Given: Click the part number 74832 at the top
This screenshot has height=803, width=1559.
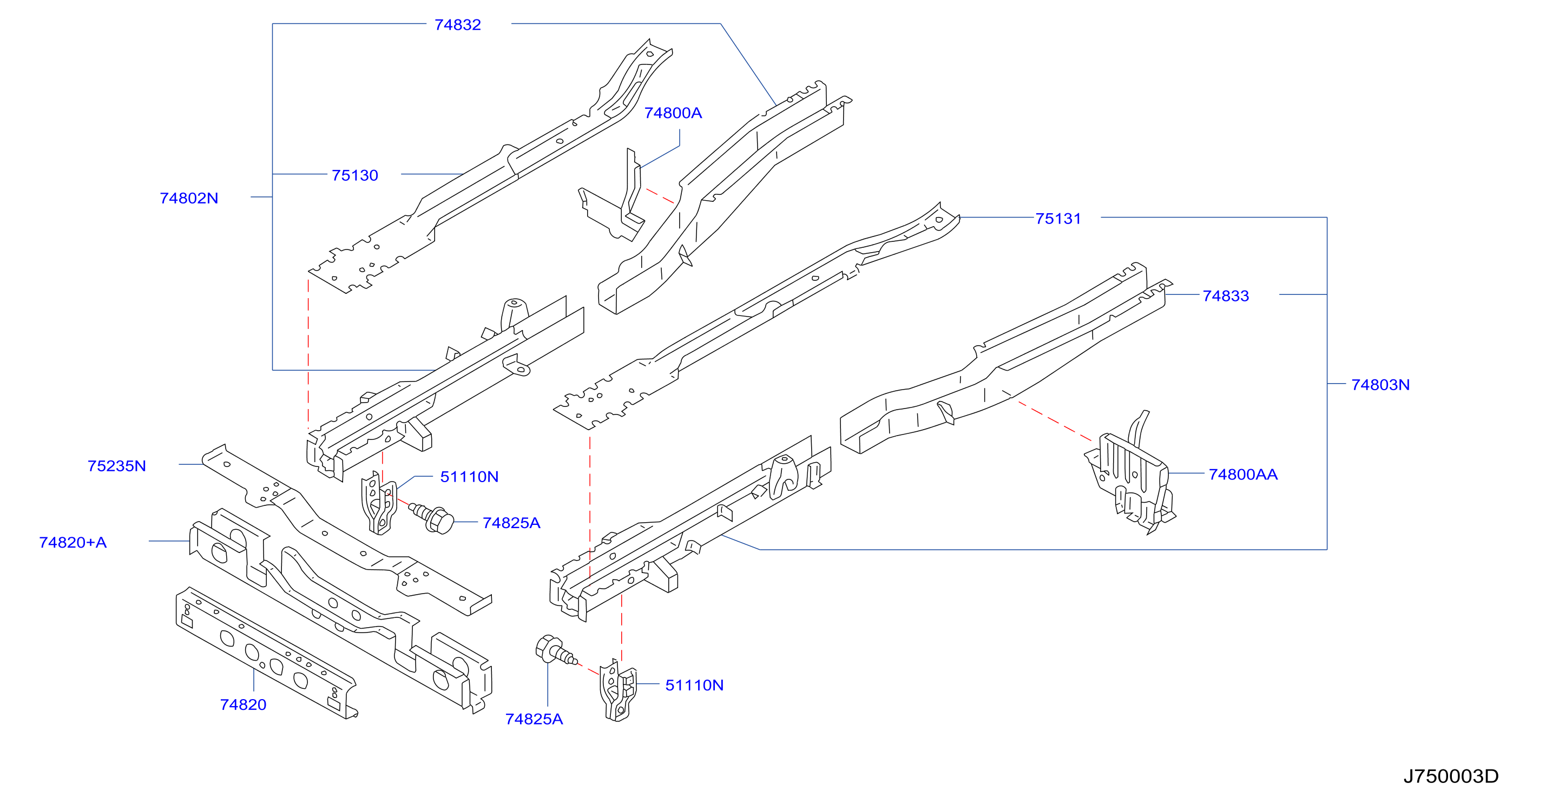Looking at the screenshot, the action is tap(458, 25).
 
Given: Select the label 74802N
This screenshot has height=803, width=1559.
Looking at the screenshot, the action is tap(189, 198).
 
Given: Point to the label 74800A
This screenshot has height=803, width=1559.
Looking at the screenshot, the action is tap(673, 113).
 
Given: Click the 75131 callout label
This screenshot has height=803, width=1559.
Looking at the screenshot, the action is tap(1058, 219).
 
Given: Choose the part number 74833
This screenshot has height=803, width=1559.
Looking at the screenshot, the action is tap(1226, 296).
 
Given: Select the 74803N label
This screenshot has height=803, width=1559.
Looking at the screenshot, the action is tap(1380, 385).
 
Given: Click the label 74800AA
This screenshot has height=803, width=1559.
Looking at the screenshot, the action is tap(1243, 475).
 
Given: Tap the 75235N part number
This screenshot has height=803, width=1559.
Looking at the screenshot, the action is tap(117, 466).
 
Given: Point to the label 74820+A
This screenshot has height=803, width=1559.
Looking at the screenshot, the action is tap(73, 542).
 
